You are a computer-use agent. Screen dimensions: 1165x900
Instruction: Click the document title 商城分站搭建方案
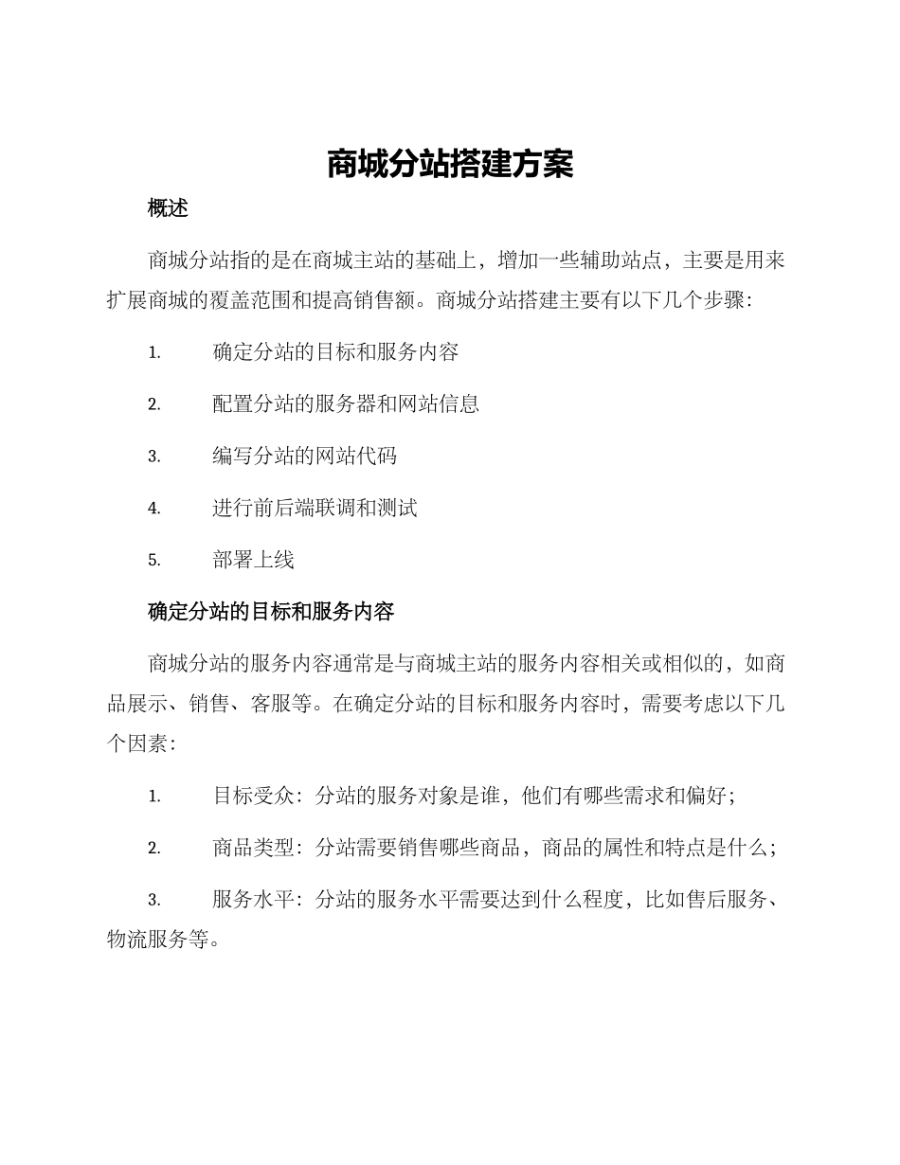click(450, 165)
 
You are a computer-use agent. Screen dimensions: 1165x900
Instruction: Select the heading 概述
click(169, 209)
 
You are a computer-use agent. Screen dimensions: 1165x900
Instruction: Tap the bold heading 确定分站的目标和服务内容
click(271, 612)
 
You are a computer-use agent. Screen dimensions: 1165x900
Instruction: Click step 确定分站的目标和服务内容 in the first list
click(335, 352)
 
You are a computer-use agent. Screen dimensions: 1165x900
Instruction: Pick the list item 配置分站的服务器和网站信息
click(346, 404)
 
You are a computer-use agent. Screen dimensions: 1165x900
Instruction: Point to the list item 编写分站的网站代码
click(304, 457)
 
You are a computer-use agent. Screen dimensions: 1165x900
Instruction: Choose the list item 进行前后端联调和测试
click(315, 509)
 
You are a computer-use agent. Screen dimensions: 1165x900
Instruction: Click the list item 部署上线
click(253, 560)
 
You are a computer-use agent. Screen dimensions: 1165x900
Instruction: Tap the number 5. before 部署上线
click(154, 561)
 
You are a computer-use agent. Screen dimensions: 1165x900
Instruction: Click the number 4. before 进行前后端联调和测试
click(154, 509)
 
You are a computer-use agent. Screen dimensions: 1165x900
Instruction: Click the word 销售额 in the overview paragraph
click(397, 300)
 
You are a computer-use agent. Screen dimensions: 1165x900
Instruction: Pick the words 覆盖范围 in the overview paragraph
click(258, 300)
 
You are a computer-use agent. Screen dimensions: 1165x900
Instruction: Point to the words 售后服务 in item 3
click(726, 900)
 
